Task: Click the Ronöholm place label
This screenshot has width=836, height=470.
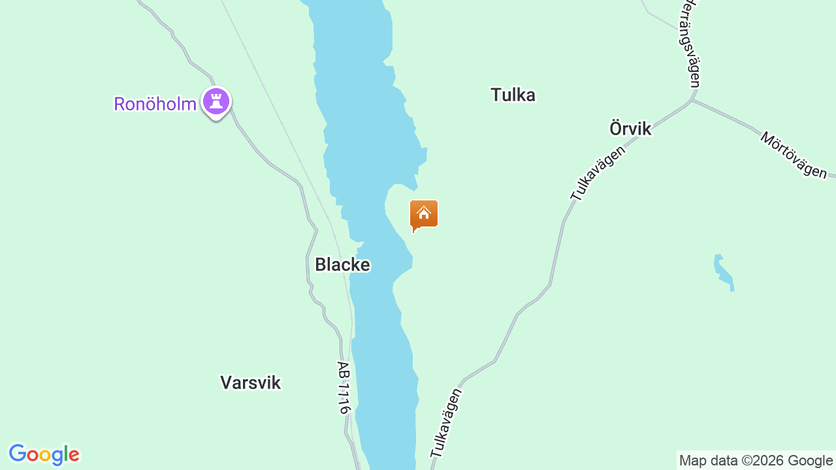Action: (x=155, y=104)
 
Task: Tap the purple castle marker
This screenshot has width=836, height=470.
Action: (x=216, y=102)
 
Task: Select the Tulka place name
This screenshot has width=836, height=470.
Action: (x=513, y=95)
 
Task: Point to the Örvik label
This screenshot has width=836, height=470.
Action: (x=630, y=129)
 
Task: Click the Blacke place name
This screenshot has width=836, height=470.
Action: (x=342, y=264)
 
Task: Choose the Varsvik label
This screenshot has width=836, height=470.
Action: (x=250, y=383)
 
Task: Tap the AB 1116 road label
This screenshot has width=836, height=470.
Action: (x=344, y=387)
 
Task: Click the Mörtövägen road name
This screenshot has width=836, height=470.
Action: (x=794, y=155)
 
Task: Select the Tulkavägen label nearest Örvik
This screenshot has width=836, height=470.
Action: (x=598, y=172)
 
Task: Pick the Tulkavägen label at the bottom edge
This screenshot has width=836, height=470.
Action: (x=446, y=422)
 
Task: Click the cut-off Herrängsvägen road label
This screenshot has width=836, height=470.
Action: (x=690, y=42)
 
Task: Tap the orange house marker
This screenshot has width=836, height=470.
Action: (x=424, y=214)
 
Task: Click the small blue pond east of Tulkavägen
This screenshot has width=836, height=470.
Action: (x=723, y=272)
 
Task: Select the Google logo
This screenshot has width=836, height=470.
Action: (x=44, y=454)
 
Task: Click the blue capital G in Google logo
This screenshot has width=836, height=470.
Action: (x=18, y=454)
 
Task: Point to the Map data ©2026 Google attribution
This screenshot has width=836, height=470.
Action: (x=756, y=460)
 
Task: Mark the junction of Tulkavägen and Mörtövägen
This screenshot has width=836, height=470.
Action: (x=691, y=101)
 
